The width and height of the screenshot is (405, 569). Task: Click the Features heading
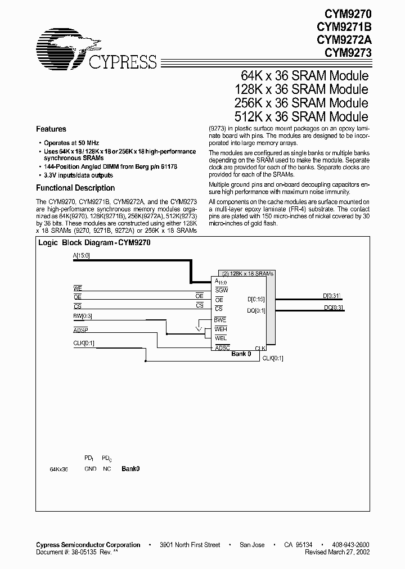click(x=51, y=129)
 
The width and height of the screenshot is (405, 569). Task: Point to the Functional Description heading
click(x=75, y=188)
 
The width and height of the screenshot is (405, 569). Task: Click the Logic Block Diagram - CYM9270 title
click(x=94, y=243)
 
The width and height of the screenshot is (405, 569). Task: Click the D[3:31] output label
click(x=332, y=295)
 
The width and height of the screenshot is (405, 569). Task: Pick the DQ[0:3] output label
click(x=333, y=307)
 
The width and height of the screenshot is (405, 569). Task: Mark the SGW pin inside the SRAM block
click(x=221, y=289)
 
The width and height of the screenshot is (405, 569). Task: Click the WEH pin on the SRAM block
click(x=221, y=328)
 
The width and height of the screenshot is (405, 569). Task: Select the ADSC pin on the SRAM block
click(x=222, y=347)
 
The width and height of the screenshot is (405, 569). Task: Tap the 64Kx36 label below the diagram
click(x=58, y=468)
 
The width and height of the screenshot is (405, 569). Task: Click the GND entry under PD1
click(x=90, y=468)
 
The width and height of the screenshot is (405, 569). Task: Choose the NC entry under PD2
click(x=106, y=468)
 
